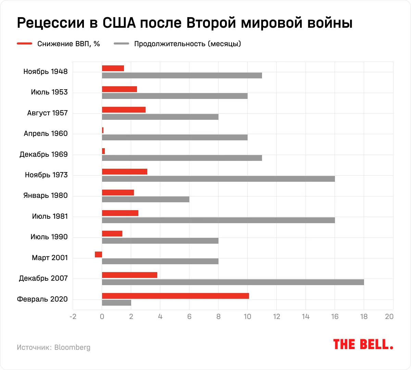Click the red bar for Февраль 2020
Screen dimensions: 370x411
pyautogui.click(x=175, y=296)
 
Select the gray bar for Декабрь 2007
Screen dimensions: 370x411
pyautogui.click(x=233, y=282)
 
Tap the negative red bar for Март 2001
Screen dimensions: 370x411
pyautogui.click(x=98, y=254)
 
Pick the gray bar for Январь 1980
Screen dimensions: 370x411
pyautogui.click(x=146, y=199)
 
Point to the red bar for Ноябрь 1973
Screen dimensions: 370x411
pyautogui.click(x=125, y=171)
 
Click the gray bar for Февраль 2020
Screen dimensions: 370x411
pyautogui.click(x=116, y=303)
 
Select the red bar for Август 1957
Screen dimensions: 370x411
pyautogui.click(x=124, y=110)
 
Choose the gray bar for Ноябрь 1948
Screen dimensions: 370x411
pyautogui.click(x=182, y=75)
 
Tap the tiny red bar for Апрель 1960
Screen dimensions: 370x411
pyautogui.click(x=103, y=130)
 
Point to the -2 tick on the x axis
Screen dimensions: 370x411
pyautogui.click(x=73, y=317)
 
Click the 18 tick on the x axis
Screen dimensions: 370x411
pyautogui.click(x=364, y=317)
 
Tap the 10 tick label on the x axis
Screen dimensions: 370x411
pyautogui.click(x=247, y=317)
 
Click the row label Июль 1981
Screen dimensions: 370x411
pyautogui.click(x=50, y=216)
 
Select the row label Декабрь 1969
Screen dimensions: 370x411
pyautogui.click(x=43, y=154)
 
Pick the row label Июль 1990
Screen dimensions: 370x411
pyautogui.click(x=49, y=237)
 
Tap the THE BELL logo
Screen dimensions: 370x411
pyautogui.click(x=363, y=344)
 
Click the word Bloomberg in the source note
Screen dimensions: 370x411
pyautogui.click(x=72, y=347)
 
